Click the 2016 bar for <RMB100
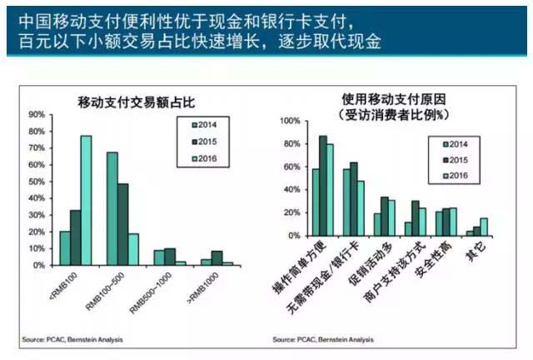pos(86,200)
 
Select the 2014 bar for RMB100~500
pos(112,208)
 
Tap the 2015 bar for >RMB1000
pos(217,257)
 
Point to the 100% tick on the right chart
pos(291,121)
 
